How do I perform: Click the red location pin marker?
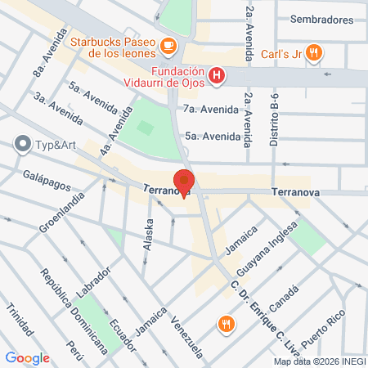184,182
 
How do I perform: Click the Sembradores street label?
320,19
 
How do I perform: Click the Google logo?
27,357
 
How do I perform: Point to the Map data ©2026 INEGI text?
319,361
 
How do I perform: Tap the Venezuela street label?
186,330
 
